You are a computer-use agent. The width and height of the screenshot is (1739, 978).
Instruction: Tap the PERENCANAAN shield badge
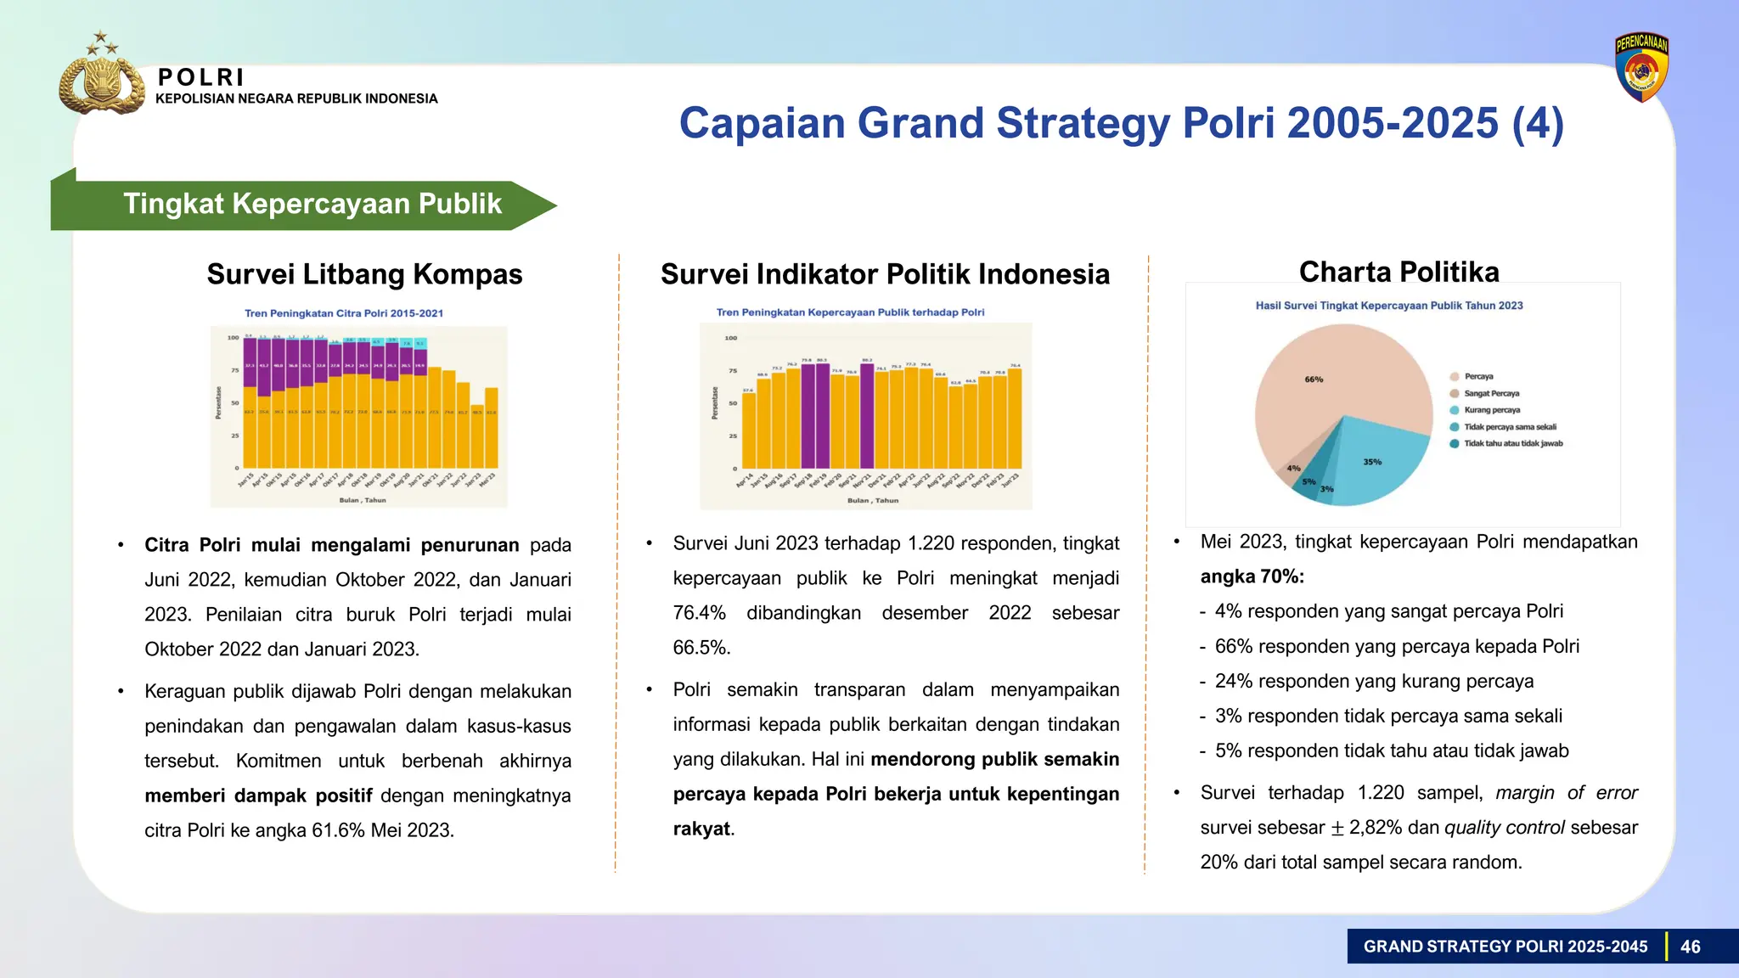(x=1641, y=68)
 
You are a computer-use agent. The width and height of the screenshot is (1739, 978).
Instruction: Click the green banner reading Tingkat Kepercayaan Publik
(x=312, y=205)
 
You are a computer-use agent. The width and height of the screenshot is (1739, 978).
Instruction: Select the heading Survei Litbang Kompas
(x=364, y=274)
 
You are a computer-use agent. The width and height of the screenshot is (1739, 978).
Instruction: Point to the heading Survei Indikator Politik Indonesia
(x=885, y=274)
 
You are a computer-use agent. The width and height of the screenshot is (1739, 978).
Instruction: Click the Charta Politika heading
(x=1399, y=272)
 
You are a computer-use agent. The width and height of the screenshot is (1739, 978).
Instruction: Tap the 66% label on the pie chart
(x=1314, y=379)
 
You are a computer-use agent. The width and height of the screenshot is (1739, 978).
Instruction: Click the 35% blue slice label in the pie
(x=1372, y=462)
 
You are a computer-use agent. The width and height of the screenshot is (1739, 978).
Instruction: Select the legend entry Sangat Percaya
(x=1491, y=393)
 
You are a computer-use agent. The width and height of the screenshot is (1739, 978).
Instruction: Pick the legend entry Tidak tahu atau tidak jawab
(x=1512, y=443)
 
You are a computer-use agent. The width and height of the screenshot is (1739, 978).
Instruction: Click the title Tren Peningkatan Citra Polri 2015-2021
(x=344, y=313)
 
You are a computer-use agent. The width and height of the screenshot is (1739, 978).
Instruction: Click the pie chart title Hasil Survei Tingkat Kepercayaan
(x=1389, y=306)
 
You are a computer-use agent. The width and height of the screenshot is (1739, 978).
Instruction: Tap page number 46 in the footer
(x=1690, y=947)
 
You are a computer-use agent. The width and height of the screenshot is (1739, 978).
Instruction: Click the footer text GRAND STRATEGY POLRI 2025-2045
(x=1505, y=947)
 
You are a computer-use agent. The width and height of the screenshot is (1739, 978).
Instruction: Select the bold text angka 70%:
(x=1252, y=576)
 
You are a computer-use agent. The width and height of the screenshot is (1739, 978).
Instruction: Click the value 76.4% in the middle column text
(x=699, y=613)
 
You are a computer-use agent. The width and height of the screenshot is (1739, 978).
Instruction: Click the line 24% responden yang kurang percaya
(x=1373, y=681)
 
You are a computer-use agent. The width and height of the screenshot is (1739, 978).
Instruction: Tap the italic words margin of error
(x=1566, y=792)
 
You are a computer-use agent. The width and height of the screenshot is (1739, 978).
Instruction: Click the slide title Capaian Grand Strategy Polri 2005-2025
(x=1121, y=123)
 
